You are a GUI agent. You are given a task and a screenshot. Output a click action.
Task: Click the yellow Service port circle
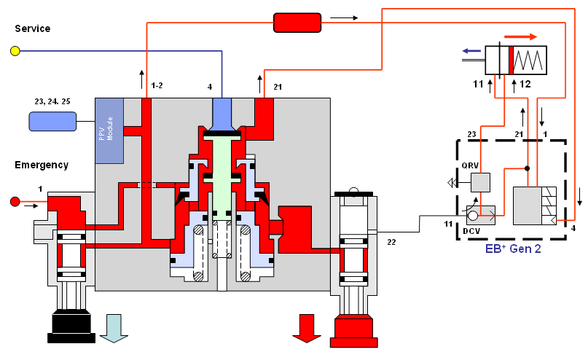(15, 51)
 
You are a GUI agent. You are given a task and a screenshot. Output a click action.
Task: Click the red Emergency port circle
(15, 201)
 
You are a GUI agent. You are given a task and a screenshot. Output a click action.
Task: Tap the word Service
(32, 28)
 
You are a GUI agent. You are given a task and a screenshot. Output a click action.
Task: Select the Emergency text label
(42, 165)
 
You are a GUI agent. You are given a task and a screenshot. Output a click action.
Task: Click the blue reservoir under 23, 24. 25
(52, 121)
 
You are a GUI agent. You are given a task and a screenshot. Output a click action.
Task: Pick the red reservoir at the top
(297, 23)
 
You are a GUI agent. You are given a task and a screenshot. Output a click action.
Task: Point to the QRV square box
(480, 181)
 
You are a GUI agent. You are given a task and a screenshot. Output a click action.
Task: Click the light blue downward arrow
(114, 327)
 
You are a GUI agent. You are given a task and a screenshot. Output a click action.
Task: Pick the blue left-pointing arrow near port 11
(473, 51)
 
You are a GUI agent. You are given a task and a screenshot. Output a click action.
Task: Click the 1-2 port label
(157, 86)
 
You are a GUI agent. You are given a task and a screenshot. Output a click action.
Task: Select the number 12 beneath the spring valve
(525, 85)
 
